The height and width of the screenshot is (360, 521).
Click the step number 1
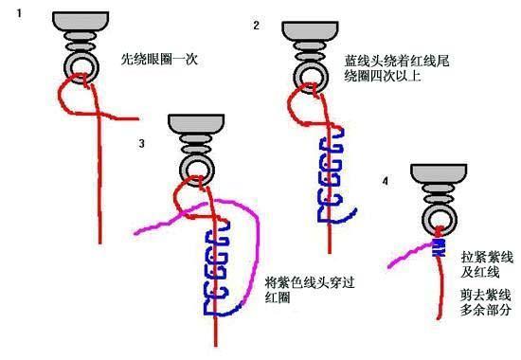[19, 13]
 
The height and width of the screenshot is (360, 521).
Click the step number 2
[256, 26]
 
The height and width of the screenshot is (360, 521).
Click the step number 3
[142, 143]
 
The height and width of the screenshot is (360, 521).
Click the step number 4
[386, 181]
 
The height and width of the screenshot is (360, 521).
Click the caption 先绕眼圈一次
[159, 60]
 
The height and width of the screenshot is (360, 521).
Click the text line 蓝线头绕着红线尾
[397, 61]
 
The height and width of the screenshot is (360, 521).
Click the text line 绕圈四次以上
[383, 77]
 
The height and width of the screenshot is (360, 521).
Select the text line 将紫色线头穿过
[310, 283]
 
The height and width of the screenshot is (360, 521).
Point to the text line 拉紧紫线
[487, 258]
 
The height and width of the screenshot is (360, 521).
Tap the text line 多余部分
[486, 310]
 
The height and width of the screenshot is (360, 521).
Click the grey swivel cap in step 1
[81, 21]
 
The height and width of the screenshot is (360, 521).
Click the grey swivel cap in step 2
[310, 31]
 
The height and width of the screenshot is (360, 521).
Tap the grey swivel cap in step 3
[196, 124]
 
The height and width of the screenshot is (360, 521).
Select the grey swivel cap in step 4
[439, 174]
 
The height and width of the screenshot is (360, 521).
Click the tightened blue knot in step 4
[439, 247]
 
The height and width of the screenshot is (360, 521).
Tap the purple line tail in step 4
[409, 255]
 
